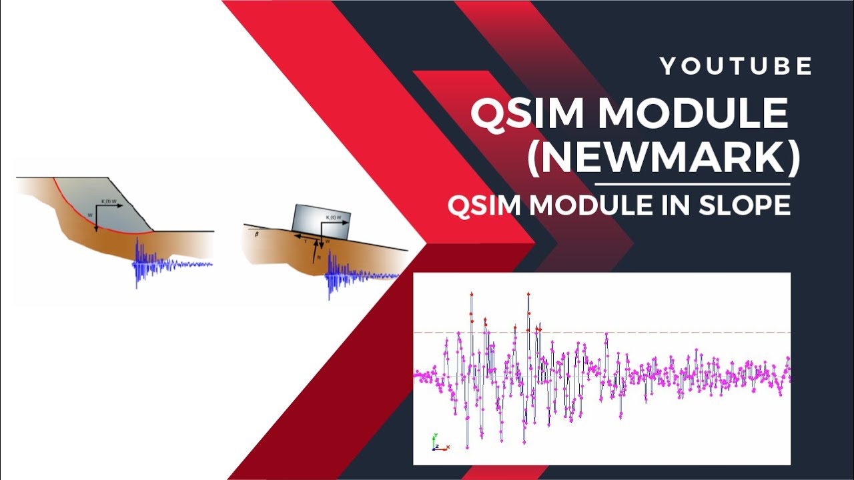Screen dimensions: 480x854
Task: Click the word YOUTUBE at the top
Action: (x=736, y=66)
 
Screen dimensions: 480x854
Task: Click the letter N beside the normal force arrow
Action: (x=319, y=257)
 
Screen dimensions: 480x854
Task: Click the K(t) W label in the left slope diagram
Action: (x=109, y=201)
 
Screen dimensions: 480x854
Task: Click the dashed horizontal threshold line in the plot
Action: (x=600, y=332)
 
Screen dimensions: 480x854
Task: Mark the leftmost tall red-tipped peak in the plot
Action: (x=471, y=295)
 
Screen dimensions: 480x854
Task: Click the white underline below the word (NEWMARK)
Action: (x=692, y=183)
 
